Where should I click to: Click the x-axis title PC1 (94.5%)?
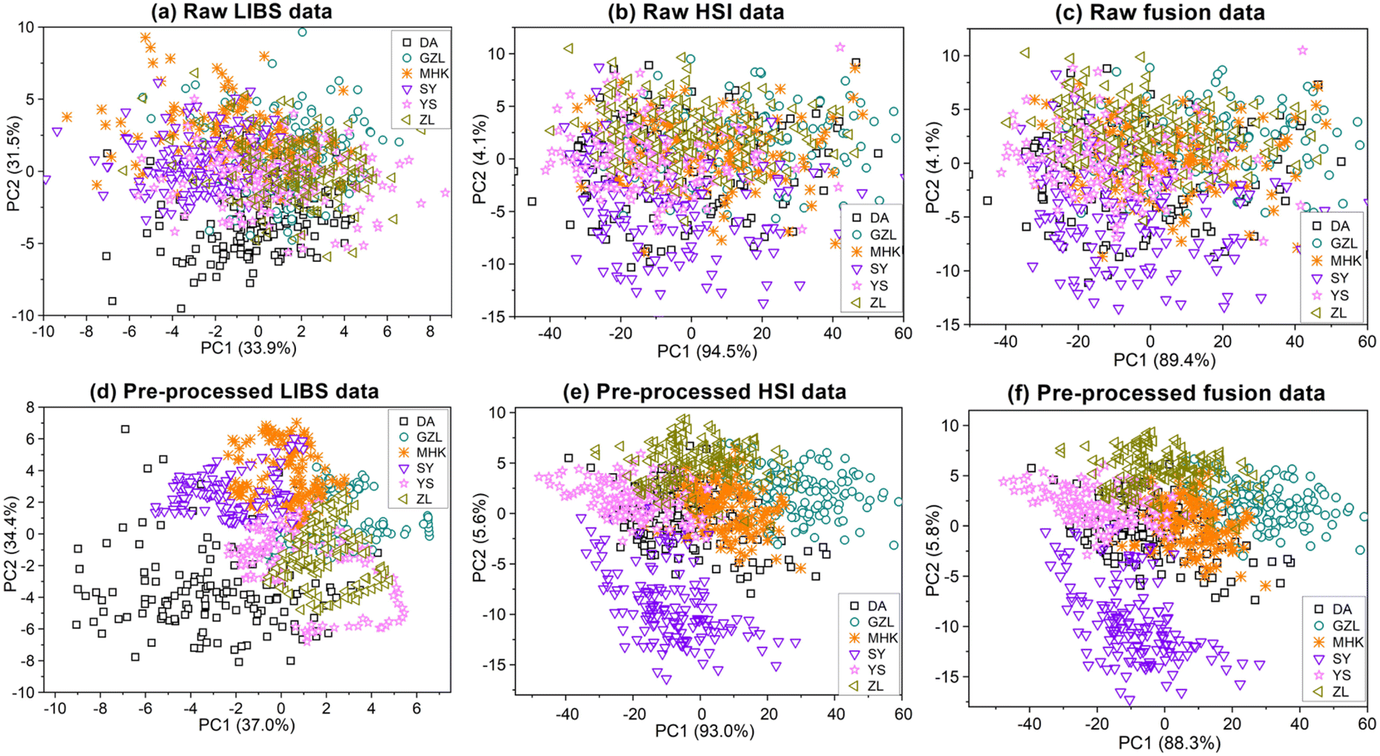tap(706, 352)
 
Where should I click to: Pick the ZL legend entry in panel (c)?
tap(1338, 313)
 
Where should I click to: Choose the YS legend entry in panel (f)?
tap(1340, 675)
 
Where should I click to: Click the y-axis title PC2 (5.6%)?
tap(480, 538)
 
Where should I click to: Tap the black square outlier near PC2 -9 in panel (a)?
tap(112, 301)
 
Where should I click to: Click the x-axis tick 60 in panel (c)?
tap(1366, 341)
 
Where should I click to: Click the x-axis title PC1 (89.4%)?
tap(1164, 360)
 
